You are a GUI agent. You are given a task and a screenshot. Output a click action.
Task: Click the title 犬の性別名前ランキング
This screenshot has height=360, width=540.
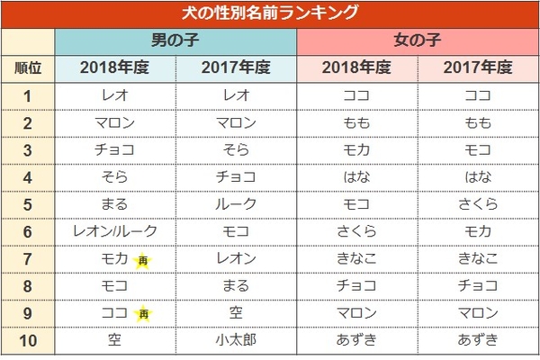click(x=270, y=13)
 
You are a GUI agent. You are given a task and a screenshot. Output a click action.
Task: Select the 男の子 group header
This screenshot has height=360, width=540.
click(x=175, y=41)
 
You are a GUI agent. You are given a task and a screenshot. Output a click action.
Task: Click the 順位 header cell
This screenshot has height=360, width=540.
click(x=28, y=67)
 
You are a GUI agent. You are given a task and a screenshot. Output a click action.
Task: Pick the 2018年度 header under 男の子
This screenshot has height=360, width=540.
click(x=114, y=67)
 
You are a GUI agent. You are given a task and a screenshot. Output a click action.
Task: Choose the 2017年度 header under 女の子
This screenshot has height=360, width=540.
click(x=477, y=67)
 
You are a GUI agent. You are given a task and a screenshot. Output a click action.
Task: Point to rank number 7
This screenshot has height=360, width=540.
click(x=28, y=259)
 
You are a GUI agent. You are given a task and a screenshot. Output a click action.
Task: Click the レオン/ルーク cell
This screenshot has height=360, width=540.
click(x=114, y=231)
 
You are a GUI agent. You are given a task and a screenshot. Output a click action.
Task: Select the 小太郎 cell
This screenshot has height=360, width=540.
click(x=236, y=340)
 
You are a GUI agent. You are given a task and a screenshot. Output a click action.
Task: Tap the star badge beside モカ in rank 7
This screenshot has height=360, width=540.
click(x=143, y=260)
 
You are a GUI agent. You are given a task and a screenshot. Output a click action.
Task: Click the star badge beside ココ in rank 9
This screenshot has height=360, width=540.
click(x=143, y=314)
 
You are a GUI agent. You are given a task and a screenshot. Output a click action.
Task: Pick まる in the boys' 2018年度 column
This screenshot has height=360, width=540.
click(x=114, y=204)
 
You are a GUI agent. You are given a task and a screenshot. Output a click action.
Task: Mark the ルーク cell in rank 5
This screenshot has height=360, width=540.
click(x=236, y=204)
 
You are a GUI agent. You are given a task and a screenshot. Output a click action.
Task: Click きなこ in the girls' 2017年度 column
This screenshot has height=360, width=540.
click(x=477, y=259)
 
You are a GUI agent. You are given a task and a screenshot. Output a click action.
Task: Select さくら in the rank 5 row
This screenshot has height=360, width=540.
click(x=477, y=204)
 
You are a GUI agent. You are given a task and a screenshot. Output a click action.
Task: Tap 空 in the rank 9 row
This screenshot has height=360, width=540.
click(x=236, y=313)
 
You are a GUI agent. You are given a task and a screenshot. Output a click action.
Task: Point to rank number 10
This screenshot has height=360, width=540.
click(x=28, y=340)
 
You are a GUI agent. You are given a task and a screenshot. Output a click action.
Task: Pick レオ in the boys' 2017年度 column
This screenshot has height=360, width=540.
click(x=236, y=95)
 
